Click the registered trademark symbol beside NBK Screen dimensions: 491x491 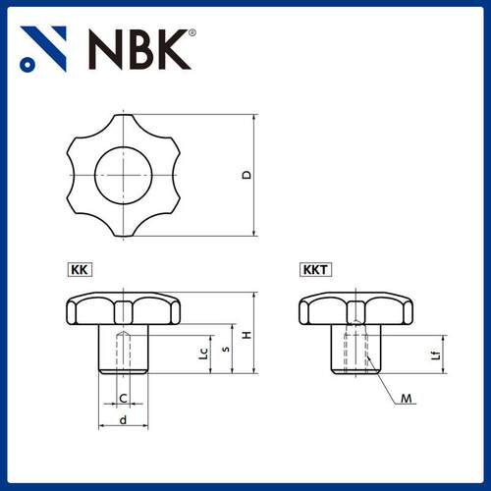192,32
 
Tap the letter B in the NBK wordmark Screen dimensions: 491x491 136,50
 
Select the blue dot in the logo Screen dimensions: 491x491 27,64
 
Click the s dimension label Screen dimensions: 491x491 226,349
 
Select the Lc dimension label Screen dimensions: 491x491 203,354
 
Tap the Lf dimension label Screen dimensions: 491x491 436,355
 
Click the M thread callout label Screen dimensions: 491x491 407,399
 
